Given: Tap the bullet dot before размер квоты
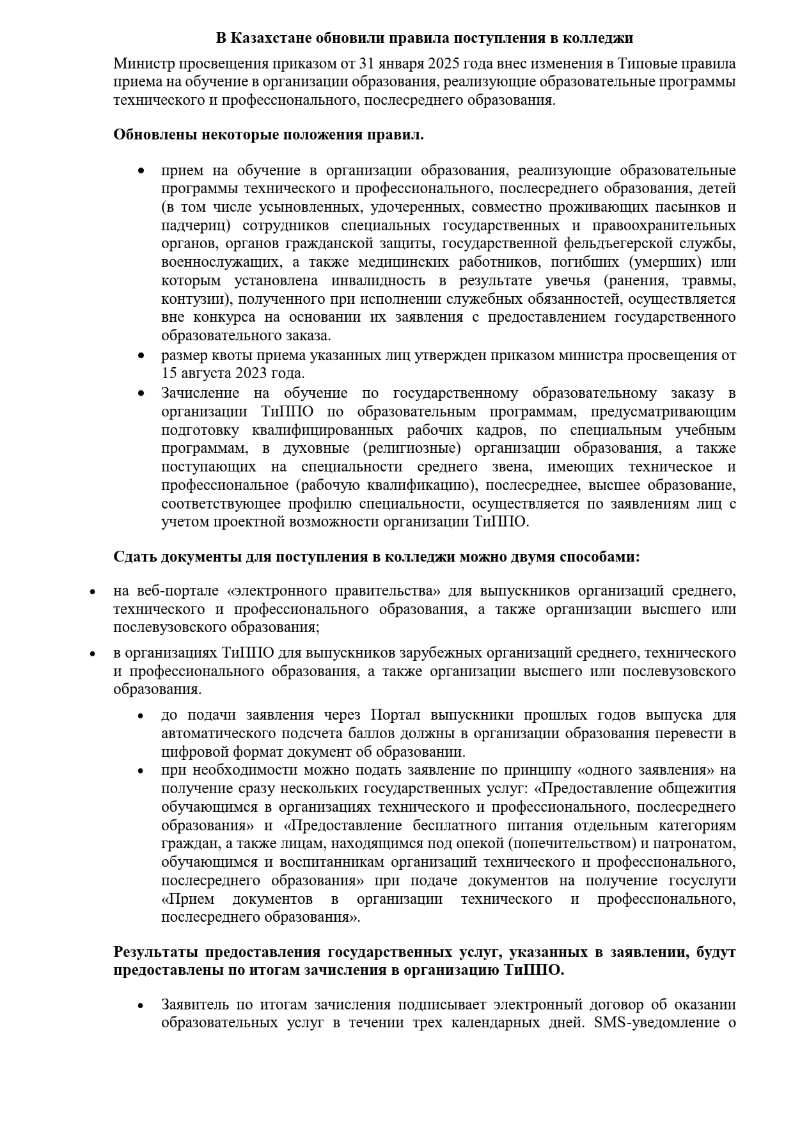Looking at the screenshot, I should click(x=141, y=356).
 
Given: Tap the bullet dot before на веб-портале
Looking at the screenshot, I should click(x=93, y=592).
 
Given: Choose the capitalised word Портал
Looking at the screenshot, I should click(x=395, y=715).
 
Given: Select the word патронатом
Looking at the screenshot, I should click(x=699, y=844).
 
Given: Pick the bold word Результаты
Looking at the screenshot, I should click(x=153, y=952).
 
